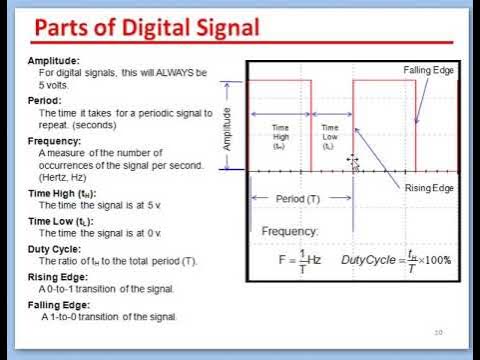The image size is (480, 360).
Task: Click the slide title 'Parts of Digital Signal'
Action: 149,26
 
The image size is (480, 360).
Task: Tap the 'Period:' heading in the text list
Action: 45,101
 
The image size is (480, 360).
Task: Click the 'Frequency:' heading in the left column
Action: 54,141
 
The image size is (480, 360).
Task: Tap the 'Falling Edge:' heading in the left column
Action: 59,305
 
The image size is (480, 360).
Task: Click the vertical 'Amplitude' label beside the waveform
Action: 228,128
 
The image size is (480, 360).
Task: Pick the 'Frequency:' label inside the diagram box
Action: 291,231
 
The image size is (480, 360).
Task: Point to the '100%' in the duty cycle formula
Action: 436,260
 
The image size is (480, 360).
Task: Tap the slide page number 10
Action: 438,332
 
